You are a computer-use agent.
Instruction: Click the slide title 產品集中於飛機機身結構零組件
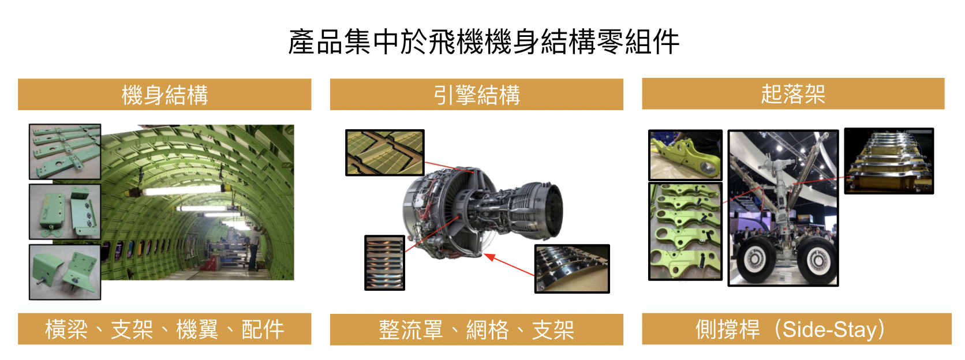click(483, 42)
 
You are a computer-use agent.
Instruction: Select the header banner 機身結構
click(164, 94)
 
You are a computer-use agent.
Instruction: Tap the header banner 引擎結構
click(477, 94)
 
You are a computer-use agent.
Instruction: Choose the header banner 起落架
click(793, 94)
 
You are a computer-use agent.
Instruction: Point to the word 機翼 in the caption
click(197, 329)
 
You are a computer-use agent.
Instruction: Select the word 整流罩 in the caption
click(411, 330)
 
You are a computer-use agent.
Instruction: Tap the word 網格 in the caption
click(488, 330)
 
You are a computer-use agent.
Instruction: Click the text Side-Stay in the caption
click(829, 330)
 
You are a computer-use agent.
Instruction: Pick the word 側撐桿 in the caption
click(728, 329)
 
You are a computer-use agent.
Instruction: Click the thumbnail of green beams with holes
click(65, 152)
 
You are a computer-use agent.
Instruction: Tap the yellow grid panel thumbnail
click(385, 153)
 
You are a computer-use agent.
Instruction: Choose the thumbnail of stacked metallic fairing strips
click(385, 262)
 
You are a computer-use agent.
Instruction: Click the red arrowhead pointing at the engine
click(490, 257)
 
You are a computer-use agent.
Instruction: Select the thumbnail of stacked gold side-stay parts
click(889, 161)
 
